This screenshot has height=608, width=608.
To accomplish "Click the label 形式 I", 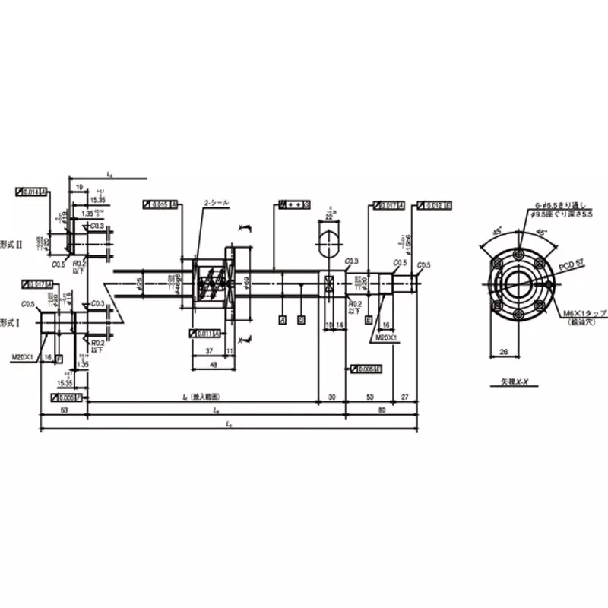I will [11, 321].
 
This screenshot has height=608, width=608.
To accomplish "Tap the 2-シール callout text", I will [216, 203].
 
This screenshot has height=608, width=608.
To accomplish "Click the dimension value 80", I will [381, 410].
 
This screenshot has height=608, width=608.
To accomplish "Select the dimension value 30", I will [331, 396].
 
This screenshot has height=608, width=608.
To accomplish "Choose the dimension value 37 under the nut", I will [208, 351].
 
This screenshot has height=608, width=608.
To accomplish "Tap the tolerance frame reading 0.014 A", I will [31, 190].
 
